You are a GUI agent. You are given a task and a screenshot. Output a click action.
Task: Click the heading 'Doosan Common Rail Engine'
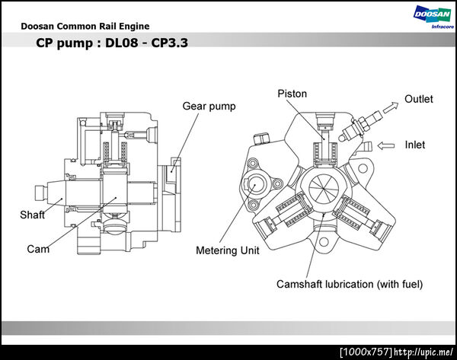[x=85, y=27]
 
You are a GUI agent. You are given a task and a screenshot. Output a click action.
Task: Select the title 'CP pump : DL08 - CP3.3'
[x=112, y=43]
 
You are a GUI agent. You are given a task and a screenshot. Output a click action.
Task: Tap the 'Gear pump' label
[x=209, y=106]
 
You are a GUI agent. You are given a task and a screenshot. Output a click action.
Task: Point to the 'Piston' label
[x=292, y=94]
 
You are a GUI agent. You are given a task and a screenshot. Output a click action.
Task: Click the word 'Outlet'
[x=418, y=99]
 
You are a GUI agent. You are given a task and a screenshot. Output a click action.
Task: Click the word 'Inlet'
[x=415, y=145]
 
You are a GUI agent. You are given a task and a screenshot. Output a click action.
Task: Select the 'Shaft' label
[x=32, y=215]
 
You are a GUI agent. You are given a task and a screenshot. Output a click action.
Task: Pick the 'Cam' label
[x=38, y=249]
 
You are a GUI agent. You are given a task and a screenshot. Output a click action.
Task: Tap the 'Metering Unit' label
[x=227, y=250]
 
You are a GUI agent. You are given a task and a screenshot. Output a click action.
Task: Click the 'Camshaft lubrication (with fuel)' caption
[x=350, y=285]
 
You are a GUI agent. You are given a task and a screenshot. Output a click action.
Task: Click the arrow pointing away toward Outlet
[x=391, y=107]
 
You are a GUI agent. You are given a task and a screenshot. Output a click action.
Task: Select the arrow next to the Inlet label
[x=386, y=145]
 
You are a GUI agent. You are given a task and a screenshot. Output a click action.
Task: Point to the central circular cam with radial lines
[x=324, y=188]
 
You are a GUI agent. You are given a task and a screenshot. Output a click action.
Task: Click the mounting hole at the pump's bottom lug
[x=324, y=241]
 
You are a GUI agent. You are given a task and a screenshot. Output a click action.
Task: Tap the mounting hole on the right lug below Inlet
[x=363, y=168]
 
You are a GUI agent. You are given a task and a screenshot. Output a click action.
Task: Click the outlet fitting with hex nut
[x=360, y=126]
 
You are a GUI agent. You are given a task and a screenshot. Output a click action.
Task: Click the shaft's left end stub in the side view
[x=41, y=193]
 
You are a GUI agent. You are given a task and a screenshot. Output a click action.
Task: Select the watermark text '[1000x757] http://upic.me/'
[x=396, y=352]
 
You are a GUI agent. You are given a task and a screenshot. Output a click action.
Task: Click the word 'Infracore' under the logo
[x=443, y=27]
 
